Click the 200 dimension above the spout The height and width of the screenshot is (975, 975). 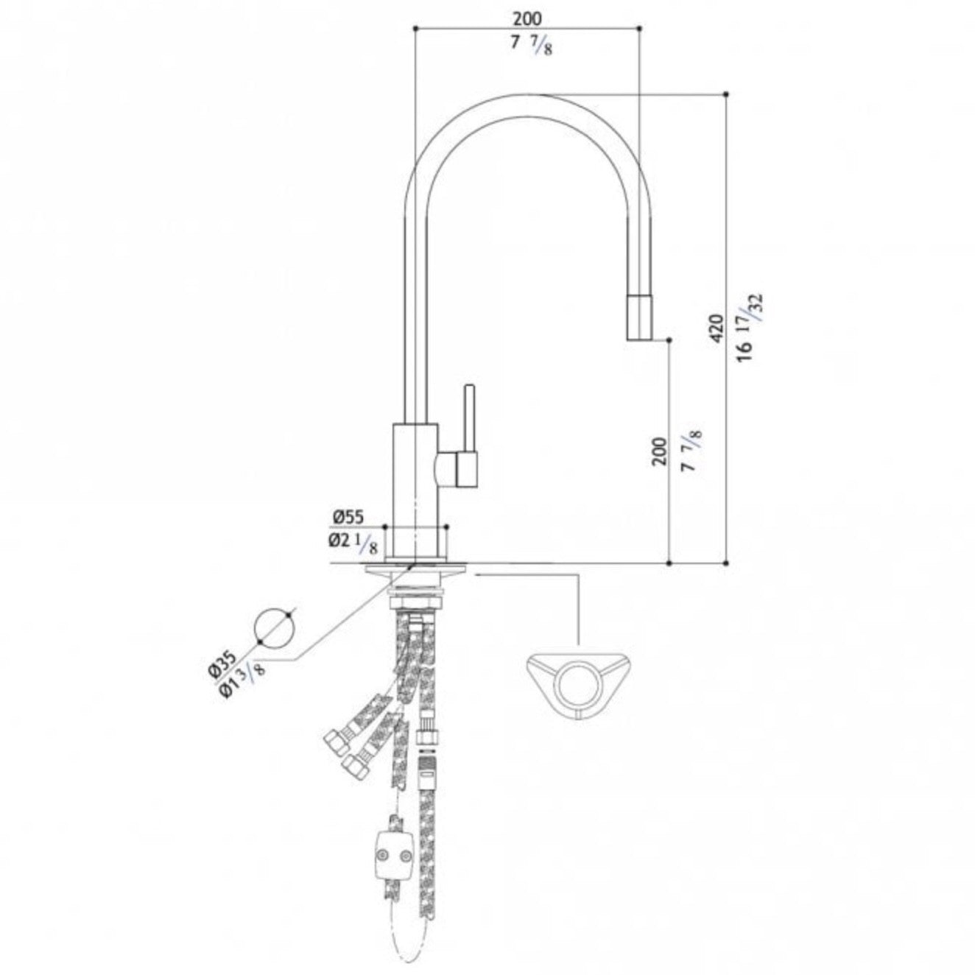coord(527,18)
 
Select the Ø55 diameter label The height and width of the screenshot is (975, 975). coord(348,517)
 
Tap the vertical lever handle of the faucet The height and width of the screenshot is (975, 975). coord(469,419)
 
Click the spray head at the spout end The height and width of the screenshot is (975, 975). coord(640,317)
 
